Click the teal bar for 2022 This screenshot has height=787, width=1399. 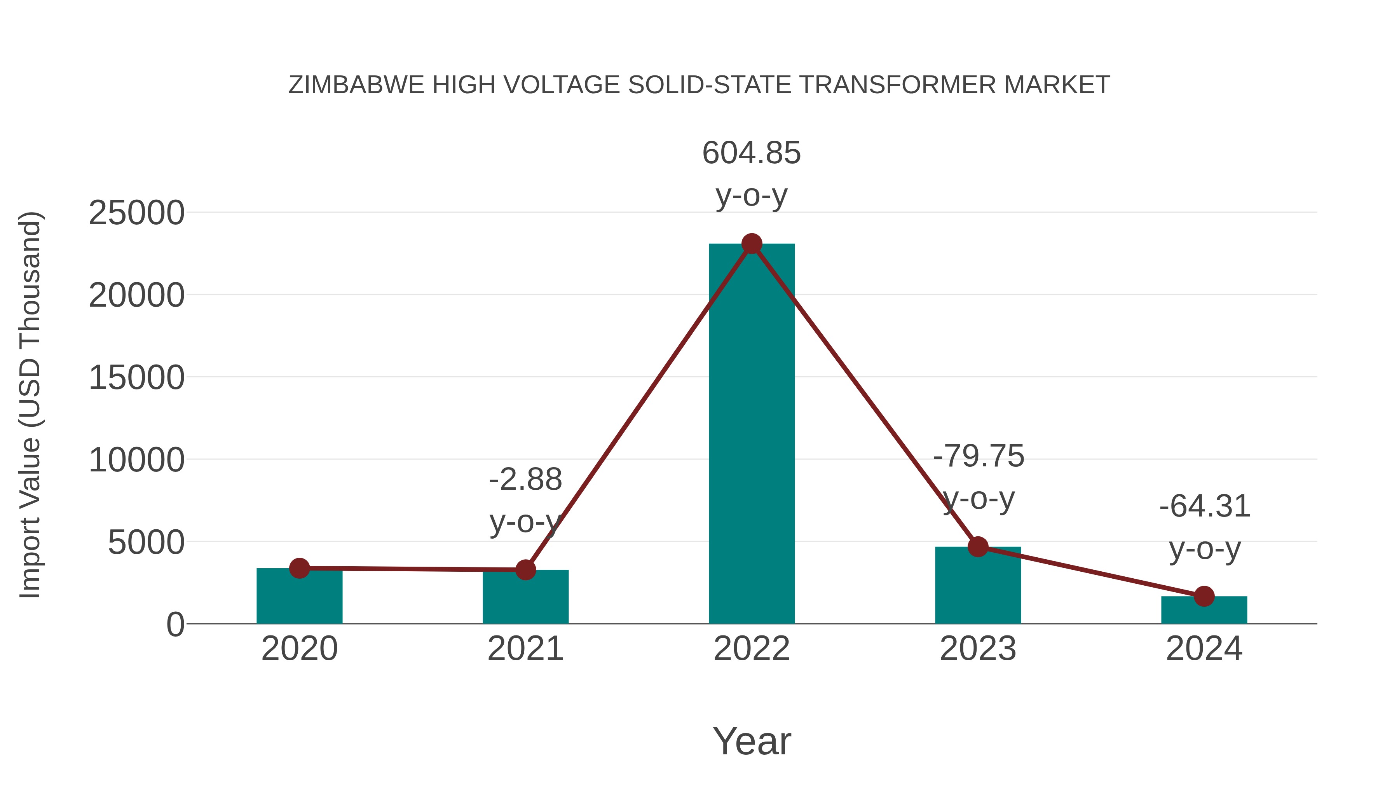coord(752,435)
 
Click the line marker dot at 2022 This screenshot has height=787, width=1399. coord(752,244)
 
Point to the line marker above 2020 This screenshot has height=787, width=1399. coord(299,568)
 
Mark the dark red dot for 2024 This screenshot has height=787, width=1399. coord(1204,596)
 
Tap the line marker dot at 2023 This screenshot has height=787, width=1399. coord(978,547)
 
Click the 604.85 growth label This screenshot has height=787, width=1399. coord(752,153)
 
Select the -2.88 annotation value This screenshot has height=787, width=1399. coord(525,480)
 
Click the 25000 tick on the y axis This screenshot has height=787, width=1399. coord(136,213)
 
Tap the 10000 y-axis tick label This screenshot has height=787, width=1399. coord(136,460)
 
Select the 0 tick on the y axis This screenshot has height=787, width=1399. coord(175,625)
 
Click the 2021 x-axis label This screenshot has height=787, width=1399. coord(525,649)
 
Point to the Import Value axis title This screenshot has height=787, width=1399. coord(30,405)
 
